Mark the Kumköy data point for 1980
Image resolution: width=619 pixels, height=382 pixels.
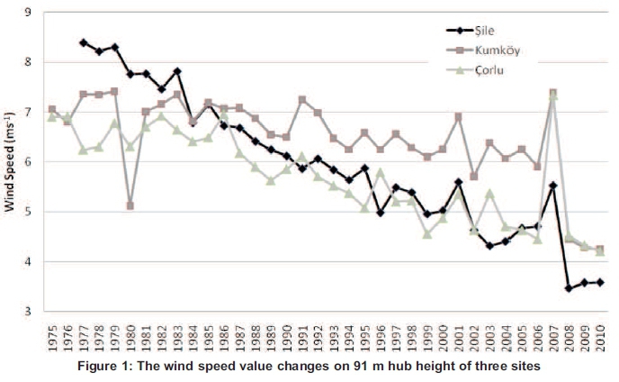tap(130, 205)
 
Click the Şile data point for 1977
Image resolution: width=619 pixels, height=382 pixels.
tap(83, 42)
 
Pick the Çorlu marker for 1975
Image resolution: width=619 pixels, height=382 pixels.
tap(51, 116)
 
